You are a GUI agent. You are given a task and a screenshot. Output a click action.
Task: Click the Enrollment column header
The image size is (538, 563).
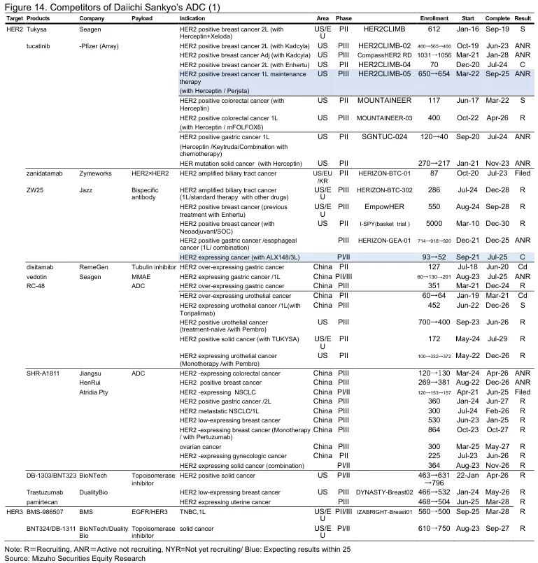click(434, 17)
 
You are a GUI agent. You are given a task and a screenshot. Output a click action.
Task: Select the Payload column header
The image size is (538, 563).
click(143, 17)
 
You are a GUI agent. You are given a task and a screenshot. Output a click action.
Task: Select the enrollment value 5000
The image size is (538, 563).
click(434, 223)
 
